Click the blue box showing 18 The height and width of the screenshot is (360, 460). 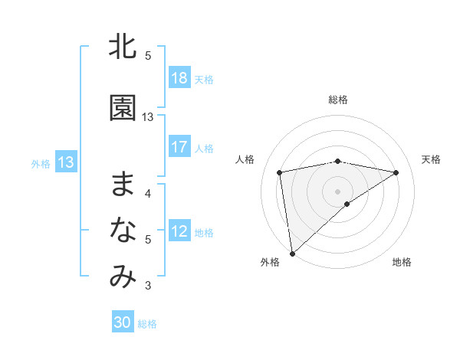pyautogui.click(x=179, y=78)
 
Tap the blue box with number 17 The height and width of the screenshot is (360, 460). pyautogui.click(x=179, y=147)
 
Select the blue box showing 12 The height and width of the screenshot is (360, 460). pyautogui.click(x=179, y=231)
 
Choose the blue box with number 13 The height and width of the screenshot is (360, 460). pyautogui.click(x=66, y=162)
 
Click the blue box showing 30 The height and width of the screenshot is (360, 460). pyautogui.click(x=123, y=322)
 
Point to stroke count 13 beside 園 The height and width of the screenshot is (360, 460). pyautogui.click(x=148, y=117)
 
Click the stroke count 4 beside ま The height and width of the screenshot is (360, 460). pyautogui.click(x=148, y=193)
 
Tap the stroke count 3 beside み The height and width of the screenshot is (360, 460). pyautogui.click(x=148, y=286)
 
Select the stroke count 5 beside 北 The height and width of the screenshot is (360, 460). pyautogui.click(x=148, y=56)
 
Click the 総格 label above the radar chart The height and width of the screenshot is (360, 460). pyautogui.click(x=338, y=100)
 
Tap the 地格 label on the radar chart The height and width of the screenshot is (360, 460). pyautogui.click(x=402, y=263)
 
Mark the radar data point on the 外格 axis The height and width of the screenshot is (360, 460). pyautogui.click(x=292, y=253)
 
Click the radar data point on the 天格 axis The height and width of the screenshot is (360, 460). pyautogui.click(x=396, y=172)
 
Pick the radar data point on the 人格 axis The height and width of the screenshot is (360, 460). pyautogui.click(x=280, y=172)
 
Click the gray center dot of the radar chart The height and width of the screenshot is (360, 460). pyautogui.click(x=338, y=190)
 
